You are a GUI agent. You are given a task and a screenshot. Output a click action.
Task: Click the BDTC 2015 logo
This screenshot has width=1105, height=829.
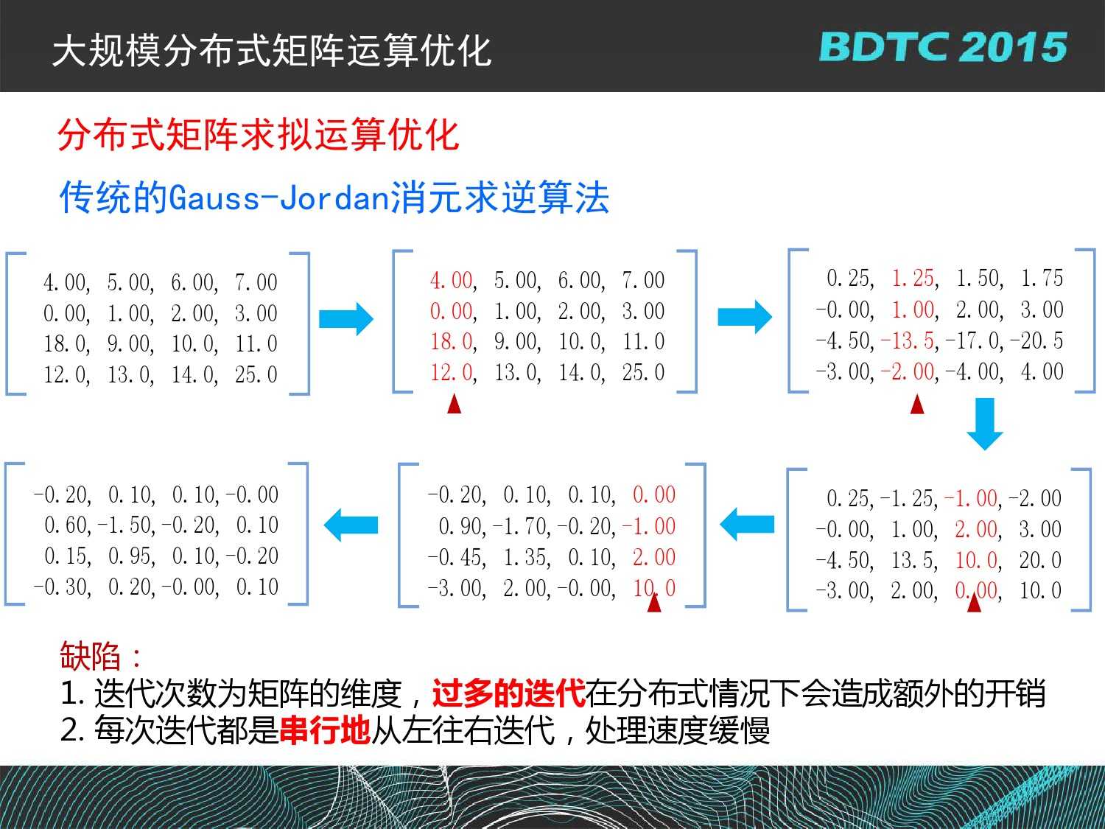943,47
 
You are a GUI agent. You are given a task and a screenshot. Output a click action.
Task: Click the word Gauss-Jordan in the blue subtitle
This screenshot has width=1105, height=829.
279,197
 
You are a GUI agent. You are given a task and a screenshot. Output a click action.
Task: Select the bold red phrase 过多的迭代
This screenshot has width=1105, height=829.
508,693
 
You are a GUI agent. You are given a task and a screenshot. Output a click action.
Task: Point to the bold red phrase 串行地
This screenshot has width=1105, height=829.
325,730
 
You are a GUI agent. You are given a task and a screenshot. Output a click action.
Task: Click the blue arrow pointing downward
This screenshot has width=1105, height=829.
985,424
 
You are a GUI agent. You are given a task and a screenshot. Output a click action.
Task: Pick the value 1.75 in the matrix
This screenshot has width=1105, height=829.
1042,279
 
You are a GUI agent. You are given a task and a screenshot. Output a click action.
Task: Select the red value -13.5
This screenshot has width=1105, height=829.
910,341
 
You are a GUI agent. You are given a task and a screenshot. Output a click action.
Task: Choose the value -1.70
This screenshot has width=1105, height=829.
522,527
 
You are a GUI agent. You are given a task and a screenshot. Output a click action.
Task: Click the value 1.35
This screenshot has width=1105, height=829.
526,558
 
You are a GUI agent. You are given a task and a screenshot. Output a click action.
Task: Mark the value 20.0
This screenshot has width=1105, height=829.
1040,560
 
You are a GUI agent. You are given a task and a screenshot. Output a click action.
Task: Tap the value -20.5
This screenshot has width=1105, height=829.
1036,341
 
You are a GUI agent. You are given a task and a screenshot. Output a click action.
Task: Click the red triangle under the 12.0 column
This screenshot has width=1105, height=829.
454,404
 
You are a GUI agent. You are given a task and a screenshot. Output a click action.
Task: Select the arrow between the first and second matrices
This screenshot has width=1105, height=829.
346,318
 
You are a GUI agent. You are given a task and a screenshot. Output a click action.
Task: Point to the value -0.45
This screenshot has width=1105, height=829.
457,558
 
